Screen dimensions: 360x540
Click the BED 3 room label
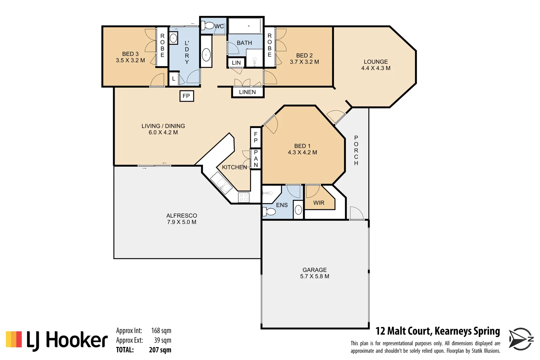(130, 54)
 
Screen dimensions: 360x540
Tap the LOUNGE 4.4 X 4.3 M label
(376, 65)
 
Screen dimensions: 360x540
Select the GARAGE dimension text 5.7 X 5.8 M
(314, 276)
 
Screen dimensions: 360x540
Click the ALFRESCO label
(182, 216)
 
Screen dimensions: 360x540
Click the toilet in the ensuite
(269, 211)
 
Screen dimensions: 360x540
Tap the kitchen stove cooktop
(244, 197)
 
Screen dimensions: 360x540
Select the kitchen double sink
(221, 184)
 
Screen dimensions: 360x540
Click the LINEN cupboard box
(247, 92)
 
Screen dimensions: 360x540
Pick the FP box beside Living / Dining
(186, 96)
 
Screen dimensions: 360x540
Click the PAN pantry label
(256, 159)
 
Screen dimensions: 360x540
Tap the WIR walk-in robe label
(319, 203)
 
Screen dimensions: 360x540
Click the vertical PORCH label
(356, 150)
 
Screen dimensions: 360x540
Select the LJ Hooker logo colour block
(14, 339)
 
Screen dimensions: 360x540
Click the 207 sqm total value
(160, 350)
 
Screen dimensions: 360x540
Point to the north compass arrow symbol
(520, 339)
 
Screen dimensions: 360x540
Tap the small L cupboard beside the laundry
(173, 79)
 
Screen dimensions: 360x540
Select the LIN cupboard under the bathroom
(236, 63)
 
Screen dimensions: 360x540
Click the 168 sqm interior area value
(161, 331)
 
